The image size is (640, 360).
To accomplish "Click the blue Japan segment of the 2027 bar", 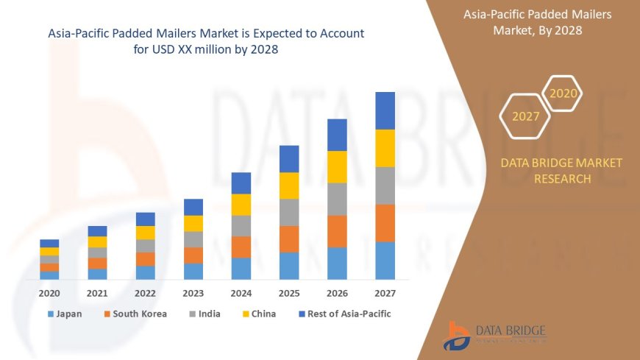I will pos(385,261).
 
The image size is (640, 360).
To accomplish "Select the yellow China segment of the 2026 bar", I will pos(337,167).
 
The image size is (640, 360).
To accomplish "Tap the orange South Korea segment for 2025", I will pos(289,239).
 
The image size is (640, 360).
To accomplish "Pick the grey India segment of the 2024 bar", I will pos(241,225).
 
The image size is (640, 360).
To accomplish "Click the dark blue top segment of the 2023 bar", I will pos(193,207).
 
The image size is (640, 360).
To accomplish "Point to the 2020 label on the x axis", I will pos(49,293).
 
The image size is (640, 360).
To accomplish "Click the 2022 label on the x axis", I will pos(146,293).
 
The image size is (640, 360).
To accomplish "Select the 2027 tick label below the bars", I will pos(385,293).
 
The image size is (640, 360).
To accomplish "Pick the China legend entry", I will pos(258,314).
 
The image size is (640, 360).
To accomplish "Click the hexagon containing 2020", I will pos(564,93).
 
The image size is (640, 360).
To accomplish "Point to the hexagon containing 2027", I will pos(526,116).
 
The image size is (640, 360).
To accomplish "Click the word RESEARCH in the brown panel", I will pos(561,179).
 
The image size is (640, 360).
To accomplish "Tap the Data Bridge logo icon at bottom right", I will pos(457,336).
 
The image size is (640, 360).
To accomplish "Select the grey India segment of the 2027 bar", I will pos(385,186).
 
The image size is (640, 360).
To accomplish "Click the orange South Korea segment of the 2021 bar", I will pos(98,264).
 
